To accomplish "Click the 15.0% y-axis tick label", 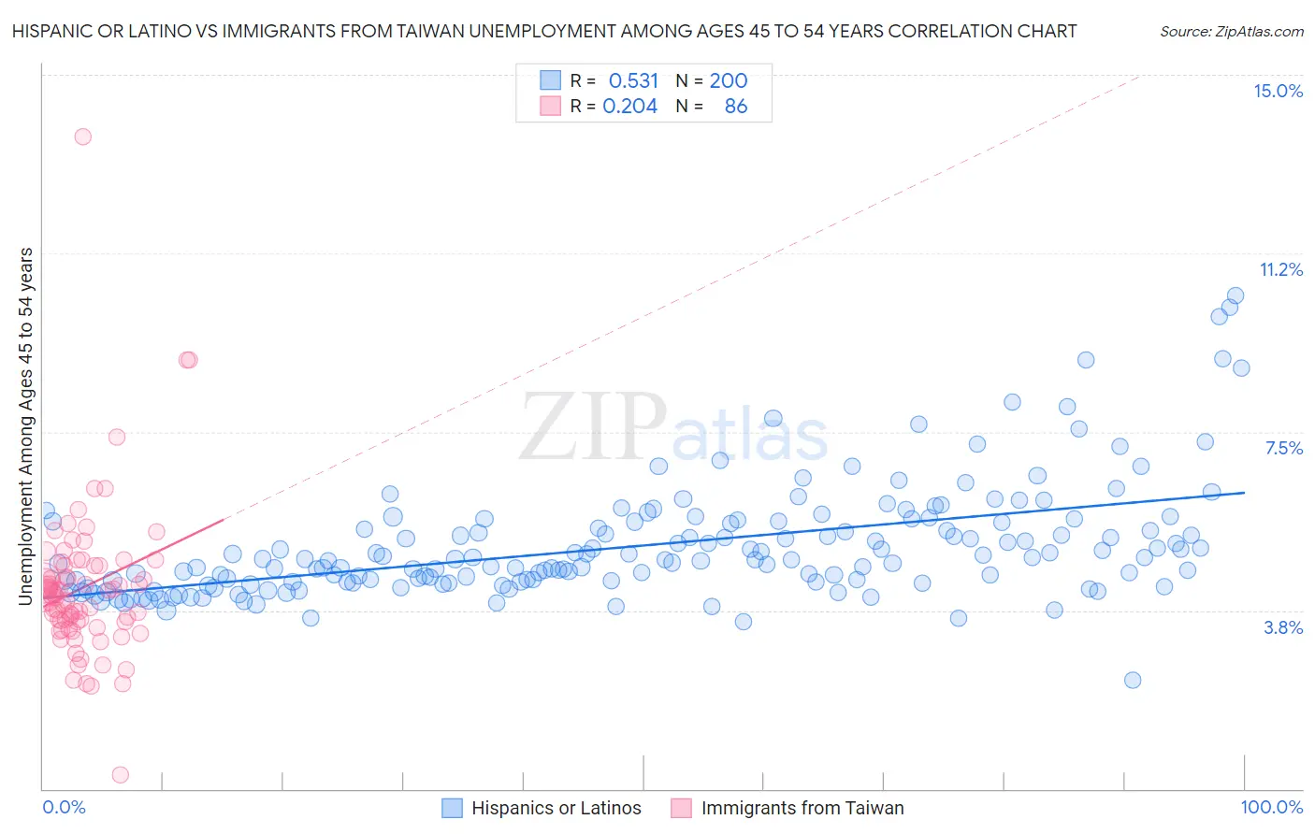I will (x=1278, y=91).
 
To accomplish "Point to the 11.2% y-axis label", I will (x=1280, y=269).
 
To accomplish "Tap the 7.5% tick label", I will (x=1283, y=448).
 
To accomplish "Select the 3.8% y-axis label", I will (x=1283, y=627).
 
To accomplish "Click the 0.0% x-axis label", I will (x=64, y=807).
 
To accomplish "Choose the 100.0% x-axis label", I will (x=1271, y=807).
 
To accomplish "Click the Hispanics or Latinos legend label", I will (x=556, y=808).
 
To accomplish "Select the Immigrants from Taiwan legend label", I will (x=802, y=808).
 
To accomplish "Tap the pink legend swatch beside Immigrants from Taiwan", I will (x=681, y=808).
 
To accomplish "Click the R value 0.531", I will (x=633, y=80).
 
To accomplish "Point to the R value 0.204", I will (x=629, y=106).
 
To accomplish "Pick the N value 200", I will (x=728, y=80).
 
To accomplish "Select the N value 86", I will (x=736, y=106).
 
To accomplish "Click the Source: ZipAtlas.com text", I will (x=1231, y=31).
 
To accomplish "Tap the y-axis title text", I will (x=26, y=426).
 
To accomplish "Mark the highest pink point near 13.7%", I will (x=82, y=137).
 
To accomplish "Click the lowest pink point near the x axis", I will (x=120, y=774).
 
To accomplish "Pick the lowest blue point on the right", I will (x=1133, y=680).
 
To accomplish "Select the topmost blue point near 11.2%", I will (x=1236, y=295).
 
